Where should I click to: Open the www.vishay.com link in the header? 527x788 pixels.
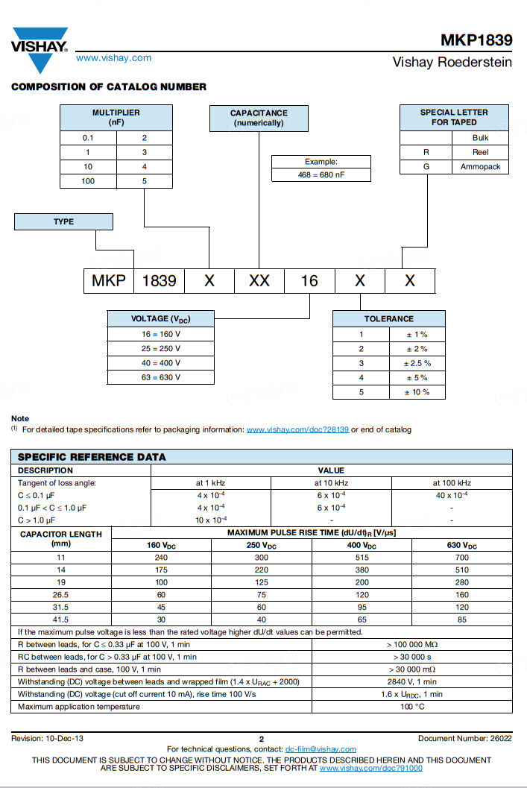point(113,57)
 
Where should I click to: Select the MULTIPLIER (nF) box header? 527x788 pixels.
point(116,117)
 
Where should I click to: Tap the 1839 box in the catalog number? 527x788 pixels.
point(159,280)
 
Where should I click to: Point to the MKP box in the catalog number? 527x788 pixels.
point(109,280)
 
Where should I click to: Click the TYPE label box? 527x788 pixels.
point(64,221)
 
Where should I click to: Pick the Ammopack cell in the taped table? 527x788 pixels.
point(480,167)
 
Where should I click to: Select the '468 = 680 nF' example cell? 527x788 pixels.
point(321,175)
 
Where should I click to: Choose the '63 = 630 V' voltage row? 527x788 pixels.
point(161,377)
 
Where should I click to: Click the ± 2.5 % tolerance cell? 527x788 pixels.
point(417,363)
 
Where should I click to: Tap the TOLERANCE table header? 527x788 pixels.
point(388,318)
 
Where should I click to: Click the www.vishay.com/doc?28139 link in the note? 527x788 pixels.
point(297,429)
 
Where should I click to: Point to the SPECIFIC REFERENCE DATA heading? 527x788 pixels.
point(92,456)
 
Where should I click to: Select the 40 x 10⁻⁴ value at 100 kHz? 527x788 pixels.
point(452,495)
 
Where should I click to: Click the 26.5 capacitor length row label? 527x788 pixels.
point(61,595)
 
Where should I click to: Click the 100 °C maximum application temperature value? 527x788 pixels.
point(412,706)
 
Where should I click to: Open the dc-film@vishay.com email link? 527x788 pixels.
point(321,749)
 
